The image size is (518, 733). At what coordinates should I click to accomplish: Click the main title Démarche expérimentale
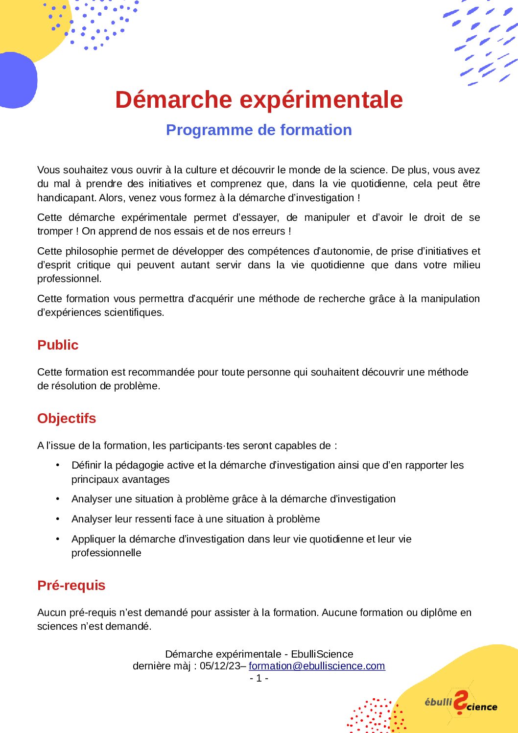259,99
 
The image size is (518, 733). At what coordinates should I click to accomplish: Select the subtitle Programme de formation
259,130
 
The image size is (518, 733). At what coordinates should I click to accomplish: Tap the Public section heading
58,345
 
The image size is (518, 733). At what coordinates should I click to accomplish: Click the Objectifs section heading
67,418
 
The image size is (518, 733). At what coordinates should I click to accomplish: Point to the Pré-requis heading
71,585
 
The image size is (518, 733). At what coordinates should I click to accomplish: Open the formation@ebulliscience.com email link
317,666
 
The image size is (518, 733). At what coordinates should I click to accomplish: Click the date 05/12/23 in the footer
220,666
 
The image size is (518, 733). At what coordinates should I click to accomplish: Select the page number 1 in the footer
259,678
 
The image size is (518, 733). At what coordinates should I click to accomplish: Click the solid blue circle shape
18,80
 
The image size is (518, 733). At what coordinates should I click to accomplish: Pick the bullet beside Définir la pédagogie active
58,465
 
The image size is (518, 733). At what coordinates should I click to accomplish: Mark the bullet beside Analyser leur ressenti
58,519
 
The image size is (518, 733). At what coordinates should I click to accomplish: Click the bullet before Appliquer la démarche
58,539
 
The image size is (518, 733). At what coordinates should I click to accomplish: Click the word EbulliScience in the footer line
322,654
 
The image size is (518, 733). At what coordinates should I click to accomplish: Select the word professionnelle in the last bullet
106,553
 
